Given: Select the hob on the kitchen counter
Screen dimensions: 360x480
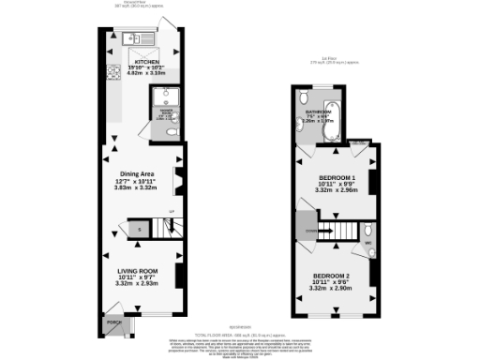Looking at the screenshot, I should [112, 70].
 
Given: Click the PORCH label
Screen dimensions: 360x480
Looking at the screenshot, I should [114, 322].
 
